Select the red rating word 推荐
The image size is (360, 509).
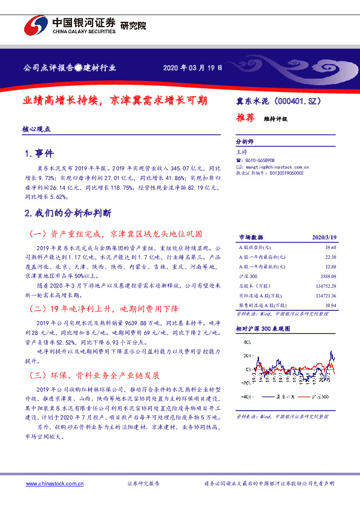tap(245, 118)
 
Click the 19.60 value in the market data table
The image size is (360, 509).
tap(330, 247)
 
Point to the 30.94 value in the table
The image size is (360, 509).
tap(330, 306)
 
